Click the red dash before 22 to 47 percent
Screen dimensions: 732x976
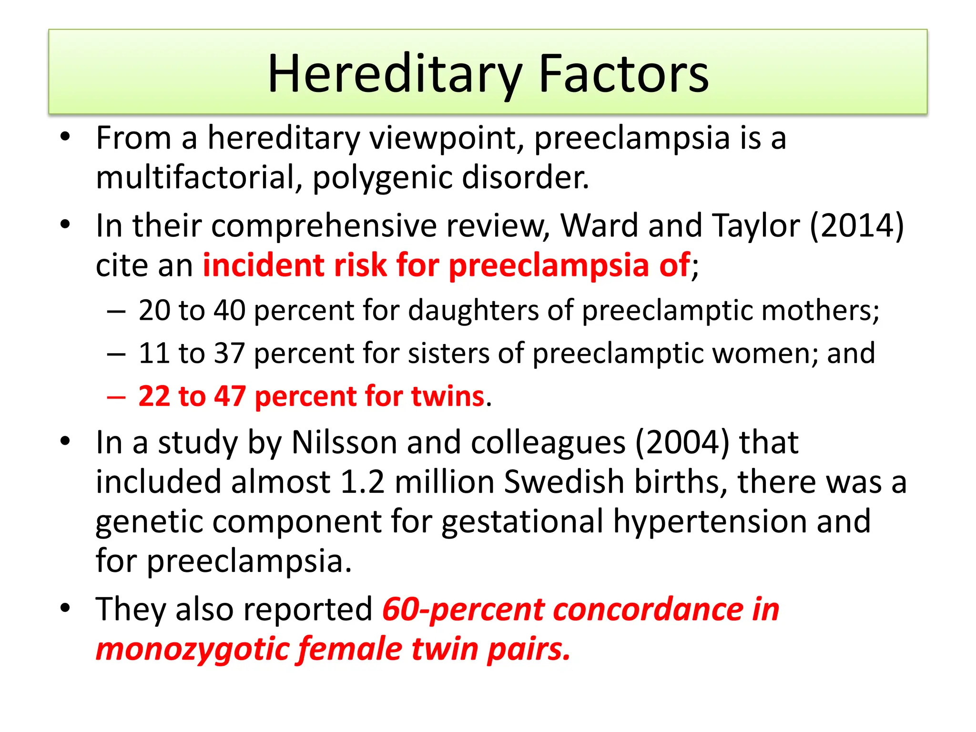click(x=116, y=397)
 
